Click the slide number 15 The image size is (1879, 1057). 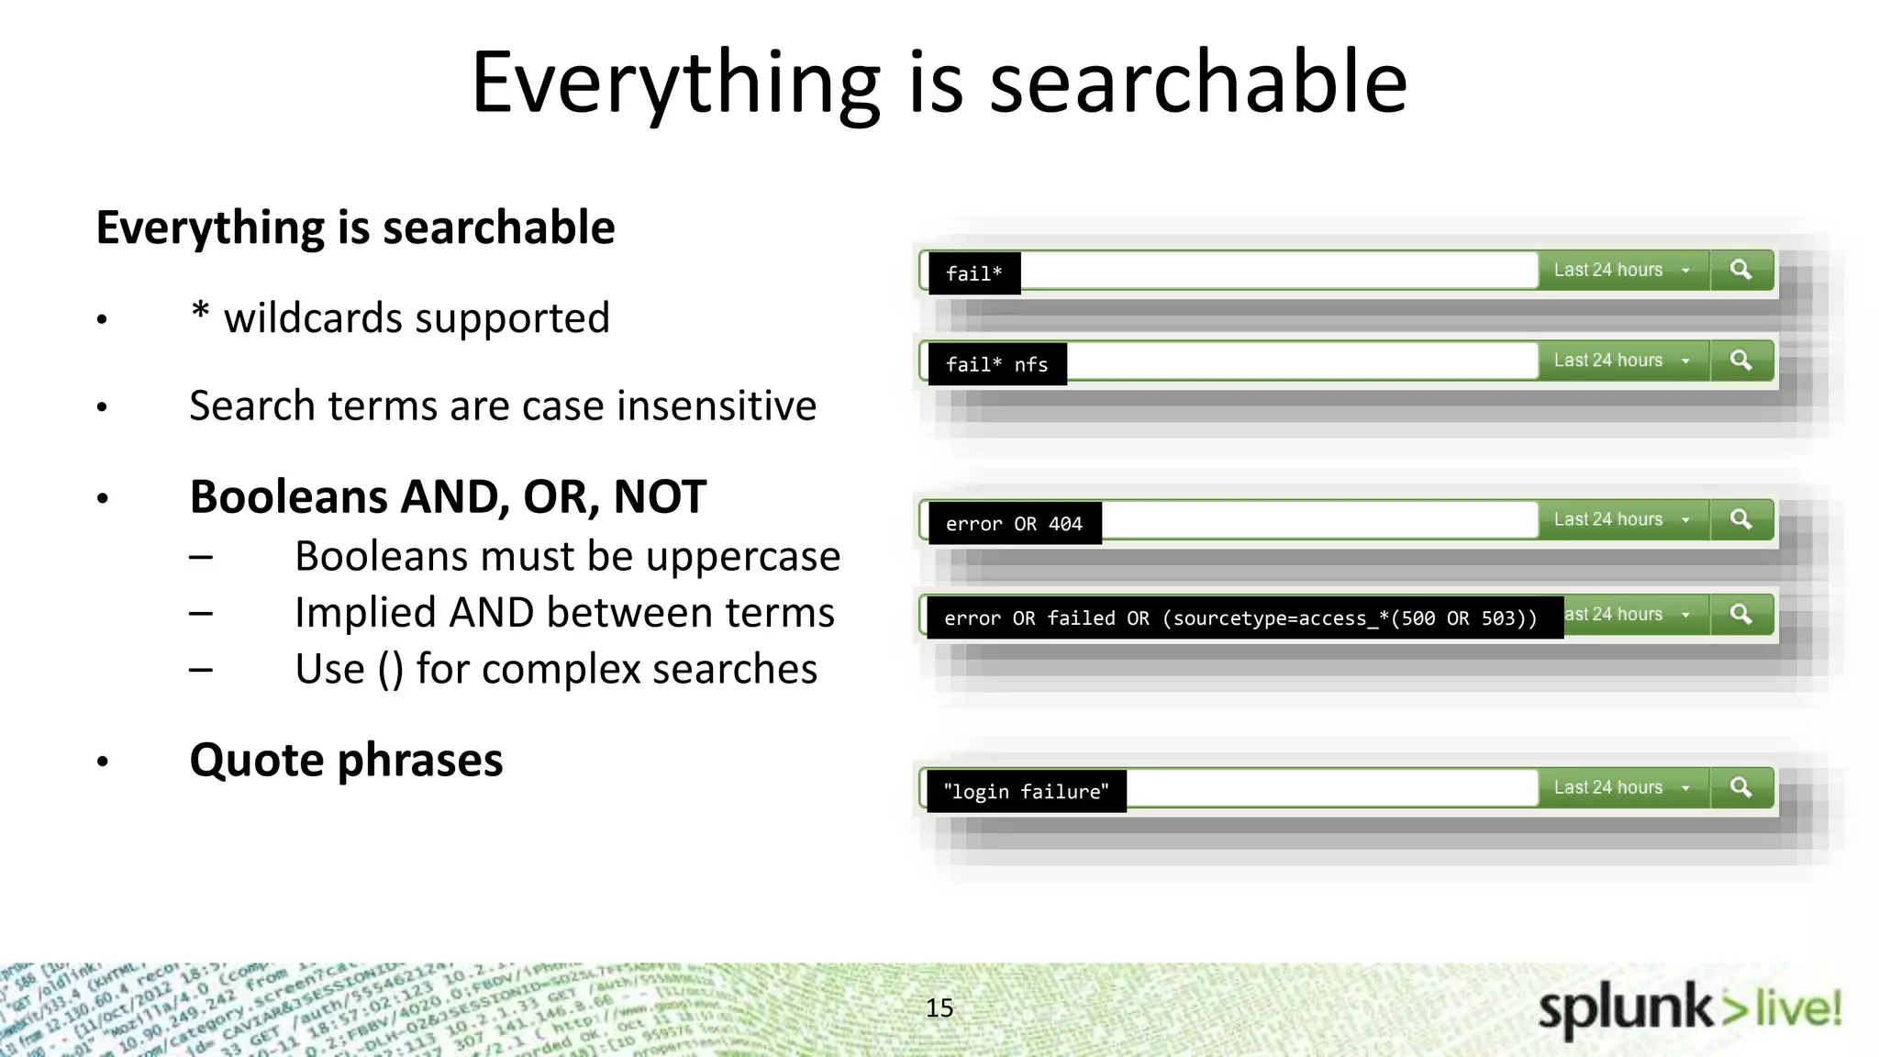[x=939, y=1008]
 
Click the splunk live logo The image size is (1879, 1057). [x=1689, y=1009]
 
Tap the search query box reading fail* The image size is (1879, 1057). [x=974, y=273]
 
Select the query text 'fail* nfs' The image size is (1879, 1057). [x=996, y=364]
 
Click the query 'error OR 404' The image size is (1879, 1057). [x=1014, y=524]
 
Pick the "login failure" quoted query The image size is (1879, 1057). [x=1026, y=792]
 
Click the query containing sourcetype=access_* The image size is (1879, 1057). [x=1240, y=618]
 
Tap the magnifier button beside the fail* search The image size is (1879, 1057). [x=1740, y=270]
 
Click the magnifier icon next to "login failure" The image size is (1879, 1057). [x=1740, y=787]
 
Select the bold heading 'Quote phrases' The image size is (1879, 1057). [x=346, y=760]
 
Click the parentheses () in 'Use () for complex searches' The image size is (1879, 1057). [x=390, y=670]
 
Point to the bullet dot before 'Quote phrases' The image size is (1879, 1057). [x=103, y=762]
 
